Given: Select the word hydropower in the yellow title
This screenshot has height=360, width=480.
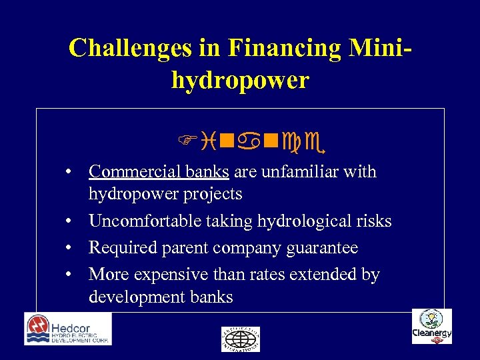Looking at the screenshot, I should tap(240, 81).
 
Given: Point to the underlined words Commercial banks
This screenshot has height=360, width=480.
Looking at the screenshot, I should tap(159, 172).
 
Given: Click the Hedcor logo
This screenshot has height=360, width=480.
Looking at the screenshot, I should tap(68, 329).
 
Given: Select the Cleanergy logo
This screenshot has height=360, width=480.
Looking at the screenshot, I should tap(431, 327).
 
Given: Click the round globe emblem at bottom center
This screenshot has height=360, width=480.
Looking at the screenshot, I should tap(241, 339).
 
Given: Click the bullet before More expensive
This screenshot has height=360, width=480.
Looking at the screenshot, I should tap(69, 275).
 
